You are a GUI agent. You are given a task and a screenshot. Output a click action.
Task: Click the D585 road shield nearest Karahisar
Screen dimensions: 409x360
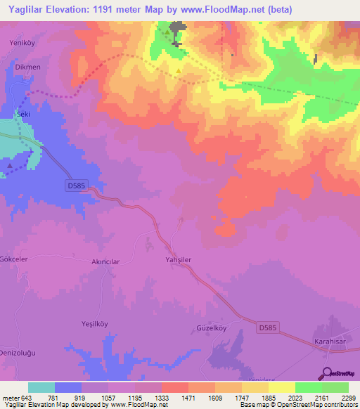coord(266,327)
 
